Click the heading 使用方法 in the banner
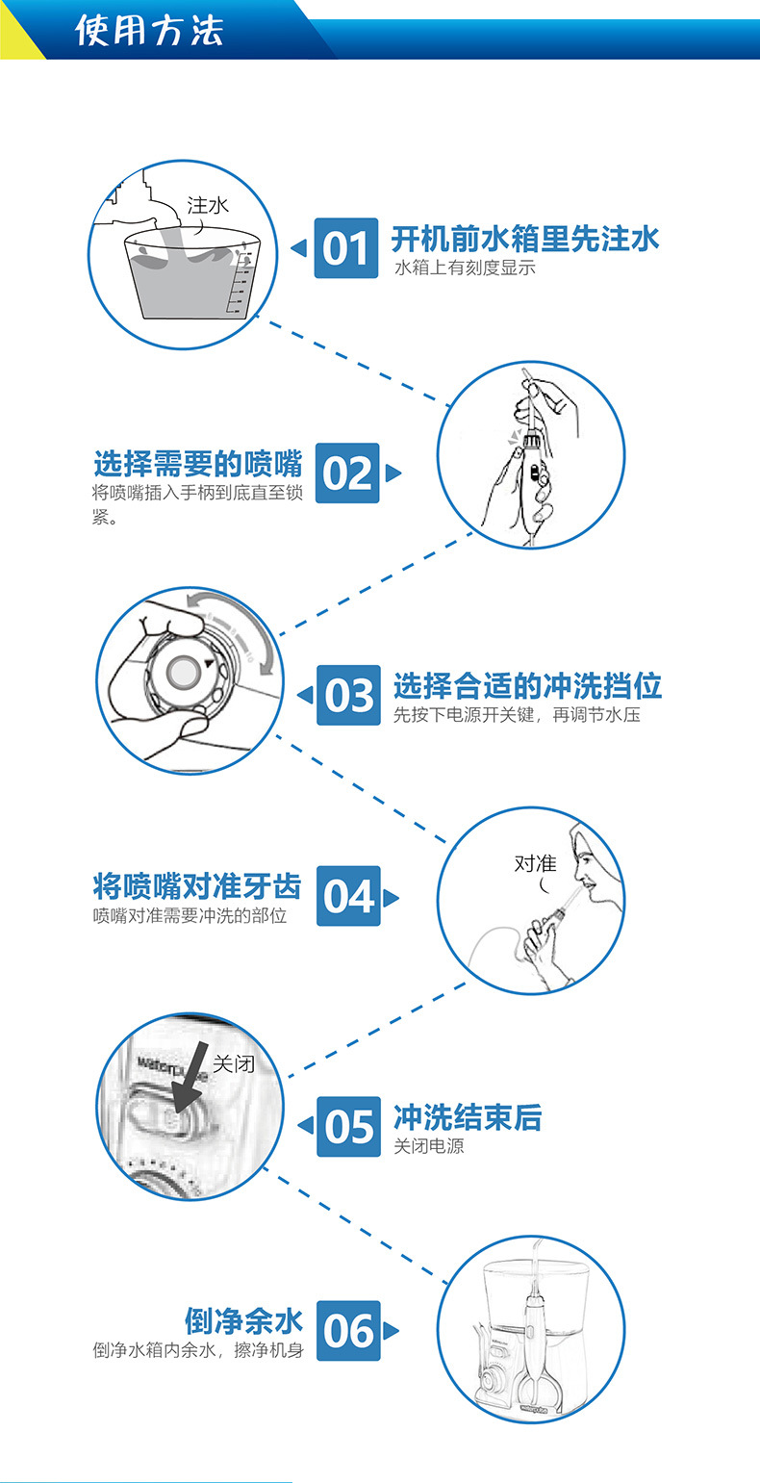pyautogui.click(x=149, y=31)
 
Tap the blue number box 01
pyautogui.click(x=345, y=248)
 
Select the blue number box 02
pyautogui.click(x=347, y=473)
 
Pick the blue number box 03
pyautogui.click(x=348, y=695)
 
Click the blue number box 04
pyautogui.click(x=348, y=896)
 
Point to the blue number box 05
pyautogui.click(x=348, y=1127)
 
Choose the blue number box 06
pyautogui.click(x=348, y=1331)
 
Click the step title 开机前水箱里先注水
pyautogui.click(x=525, y=239)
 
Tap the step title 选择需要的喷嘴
pyautogui.click(x=198, y=464)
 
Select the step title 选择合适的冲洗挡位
pyautogui.click(x=527, y=685)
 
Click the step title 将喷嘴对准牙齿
pyautogui.click(x=197, y=885)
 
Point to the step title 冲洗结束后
pyautogui.click(x=469, y=1117)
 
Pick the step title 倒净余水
pyautogui.click(x=243, y=1320)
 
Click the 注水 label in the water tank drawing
pyautogui.click(x=208, y=205)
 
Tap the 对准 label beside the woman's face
pyautogui.click(x=535, y=863)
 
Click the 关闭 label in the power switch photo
pyautogui.click(x=234, y=1063)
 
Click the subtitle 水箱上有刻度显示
pyautogui.click(x=465, y=268)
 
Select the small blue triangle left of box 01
pyautogui.click(x=298, y=248)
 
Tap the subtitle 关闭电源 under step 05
pyautogui.click(x=429, y=1146)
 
